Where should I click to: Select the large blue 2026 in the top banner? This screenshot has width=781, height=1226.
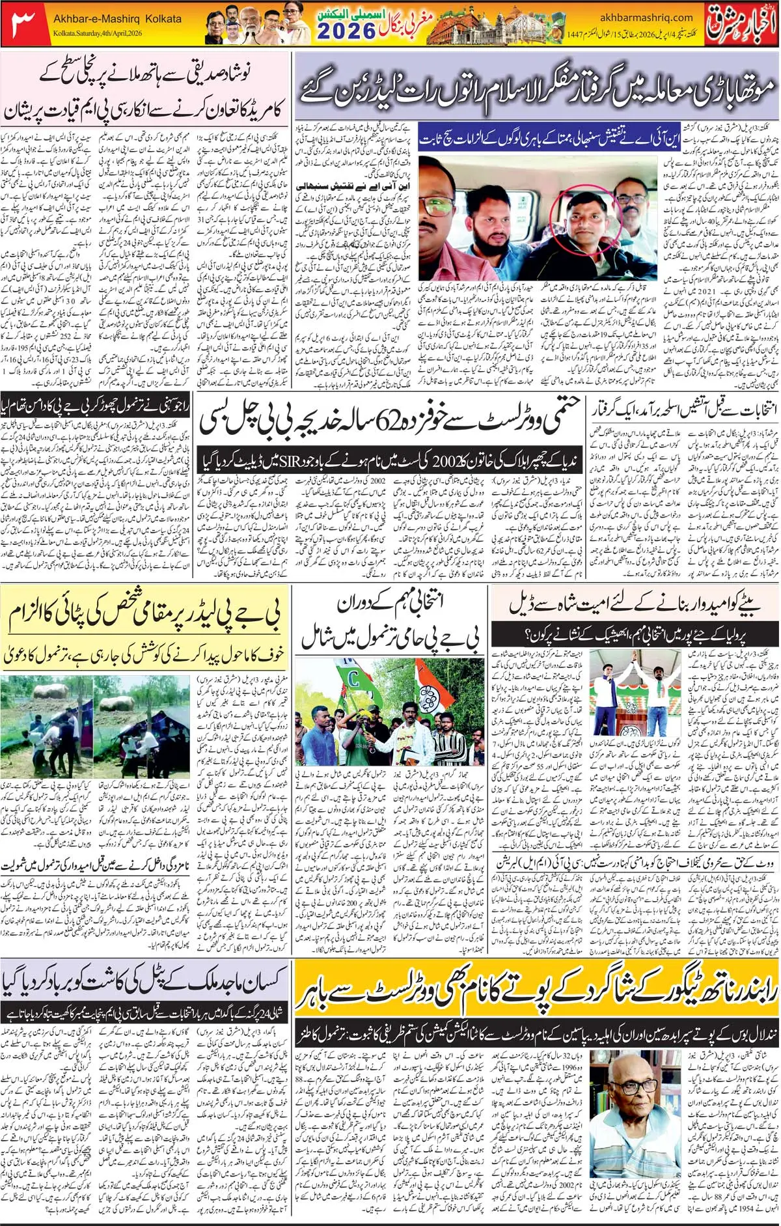click(x=346, y=31)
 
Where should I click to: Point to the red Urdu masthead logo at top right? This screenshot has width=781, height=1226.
click(x=742, y=23)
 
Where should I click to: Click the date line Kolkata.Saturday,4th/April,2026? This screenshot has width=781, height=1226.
click(x=98, y=33)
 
